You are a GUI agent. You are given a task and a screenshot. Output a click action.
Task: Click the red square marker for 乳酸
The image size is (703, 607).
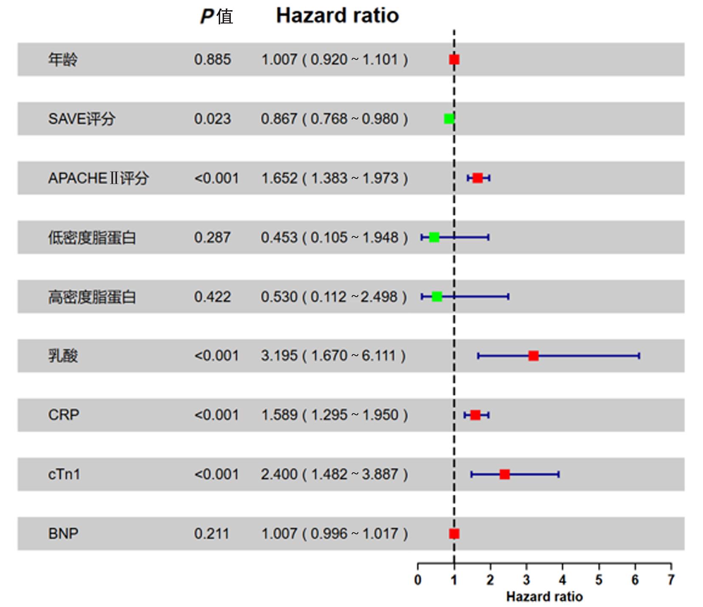pyautogui.click(x=533, y=356)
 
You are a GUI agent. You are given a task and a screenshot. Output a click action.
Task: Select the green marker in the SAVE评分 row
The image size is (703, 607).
pyautogui.click(x=449, y=119)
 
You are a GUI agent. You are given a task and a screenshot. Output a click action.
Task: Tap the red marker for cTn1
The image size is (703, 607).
pyautogui.click(x=505, y=474)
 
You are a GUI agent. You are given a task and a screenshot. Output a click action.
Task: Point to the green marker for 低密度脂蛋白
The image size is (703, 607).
pyautogui.click(x=434, y=237)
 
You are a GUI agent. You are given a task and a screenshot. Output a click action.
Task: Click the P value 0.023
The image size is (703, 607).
pyautogui.click(x=213, y=119)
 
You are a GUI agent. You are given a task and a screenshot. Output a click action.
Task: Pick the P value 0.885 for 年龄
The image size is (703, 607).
pyautogui.click(x=213, y=60)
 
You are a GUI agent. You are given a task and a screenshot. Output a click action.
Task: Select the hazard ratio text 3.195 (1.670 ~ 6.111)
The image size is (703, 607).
pyautogui.click(x=334, y=356)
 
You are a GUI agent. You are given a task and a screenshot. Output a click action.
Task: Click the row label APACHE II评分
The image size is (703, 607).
pyautogui.click(x=98, y=178)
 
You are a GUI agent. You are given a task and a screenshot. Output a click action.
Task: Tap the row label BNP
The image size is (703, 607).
pyautogui.click(x=63, y=533)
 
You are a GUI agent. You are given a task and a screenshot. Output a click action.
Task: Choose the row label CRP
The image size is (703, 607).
pyautogui.click(x=64, y=415)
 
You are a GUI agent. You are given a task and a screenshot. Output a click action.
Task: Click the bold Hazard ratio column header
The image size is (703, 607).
pyautogui.click(x=337, y=16)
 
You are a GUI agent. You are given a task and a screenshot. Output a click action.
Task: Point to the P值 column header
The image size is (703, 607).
pyautogui.click(x=217, y=17)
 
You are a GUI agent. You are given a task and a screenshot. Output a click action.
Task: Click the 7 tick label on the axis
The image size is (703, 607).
pyautogui.click(x=671, y=580)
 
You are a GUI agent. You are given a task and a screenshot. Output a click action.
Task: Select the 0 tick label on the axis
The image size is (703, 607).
pyautogui.click(x=418, y=580)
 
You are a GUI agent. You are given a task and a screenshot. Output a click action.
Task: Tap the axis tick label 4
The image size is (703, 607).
pyautogui.click(x=563, y=580)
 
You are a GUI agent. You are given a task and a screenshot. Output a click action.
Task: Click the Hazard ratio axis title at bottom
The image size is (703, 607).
pyautogui.click(x=544, y=597)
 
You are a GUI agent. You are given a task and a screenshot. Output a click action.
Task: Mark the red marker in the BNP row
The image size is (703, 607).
pyautogui.click(x=454, y=533)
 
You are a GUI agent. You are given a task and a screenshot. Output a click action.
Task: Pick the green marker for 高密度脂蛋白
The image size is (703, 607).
pyautogui.click(x=437, y=297)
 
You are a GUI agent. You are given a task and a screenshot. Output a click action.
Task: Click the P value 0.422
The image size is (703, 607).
pyautogui.click(x=213, y=297)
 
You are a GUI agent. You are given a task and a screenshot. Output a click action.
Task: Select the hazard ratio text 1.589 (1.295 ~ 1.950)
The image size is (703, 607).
pyautogui.click(x=334, y=415)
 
